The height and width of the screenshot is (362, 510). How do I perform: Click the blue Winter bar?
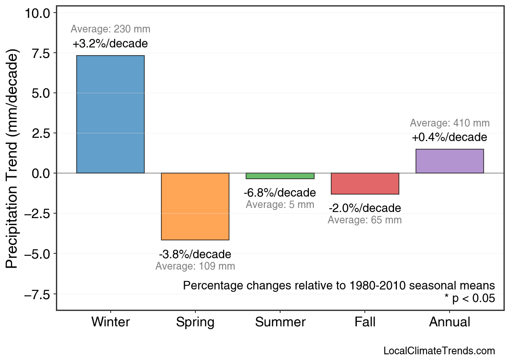coord(110,114)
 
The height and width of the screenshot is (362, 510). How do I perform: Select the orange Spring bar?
coord(195,206)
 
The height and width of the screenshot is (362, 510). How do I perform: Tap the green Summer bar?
coord(280,176)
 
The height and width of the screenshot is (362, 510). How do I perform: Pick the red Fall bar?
coord(365,184)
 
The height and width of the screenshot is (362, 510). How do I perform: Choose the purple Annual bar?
coord(450,161)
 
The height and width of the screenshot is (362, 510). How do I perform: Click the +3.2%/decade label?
coord(110,44)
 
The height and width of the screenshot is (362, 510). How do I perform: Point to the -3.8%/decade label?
coord(195,255)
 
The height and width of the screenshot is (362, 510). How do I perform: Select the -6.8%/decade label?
coord(280,193)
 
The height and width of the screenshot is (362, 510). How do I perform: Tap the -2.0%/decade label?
coord(365,208)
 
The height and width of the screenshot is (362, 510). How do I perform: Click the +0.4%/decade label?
coord(450,137)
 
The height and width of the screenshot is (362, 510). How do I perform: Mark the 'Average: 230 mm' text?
coord(110,29)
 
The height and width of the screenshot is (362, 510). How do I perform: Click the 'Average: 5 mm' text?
coord(280,205)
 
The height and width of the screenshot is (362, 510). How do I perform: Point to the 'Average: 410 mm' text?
coord(450,123)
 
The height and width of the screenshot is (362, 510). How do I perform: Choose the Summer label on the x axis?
coord(280,322)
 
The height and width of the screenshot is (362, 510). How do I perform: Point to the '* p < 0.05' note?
coord(469,299)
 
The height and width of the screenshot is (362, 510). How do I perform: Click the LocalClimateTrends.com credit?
coord(439,351)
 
